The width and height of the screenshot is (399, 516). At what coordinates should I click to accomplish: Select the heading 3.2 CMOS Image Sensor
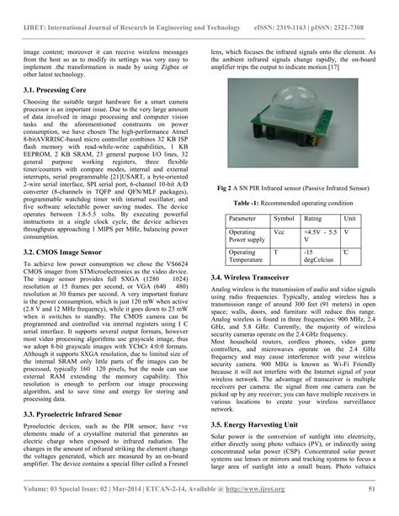62,252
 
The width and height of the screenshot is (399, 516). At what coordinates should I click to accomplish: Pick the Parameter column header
245,219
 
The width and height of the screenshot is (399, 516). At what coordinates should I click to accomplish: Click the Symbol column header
284,219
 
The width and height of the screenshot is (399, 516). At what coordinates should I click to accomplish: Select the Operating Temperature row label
247,256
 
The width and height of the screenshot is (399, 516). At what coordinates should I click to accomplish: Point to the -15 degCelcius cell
319,256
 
